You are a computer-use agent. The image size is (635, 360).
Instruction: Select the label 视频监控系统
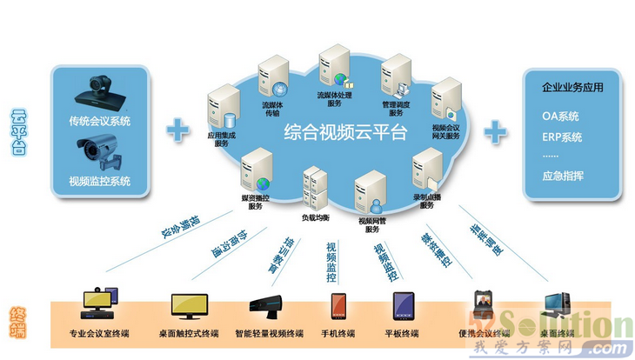click(100, 182)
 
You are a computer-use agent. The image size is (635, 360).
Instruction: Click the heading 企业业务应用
click(572, 88)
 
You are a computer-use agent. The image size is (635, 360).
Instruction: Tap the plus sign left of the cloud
click(178, 130)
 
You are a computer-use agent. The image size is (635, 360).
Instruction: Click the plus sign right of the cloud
click(496, 131)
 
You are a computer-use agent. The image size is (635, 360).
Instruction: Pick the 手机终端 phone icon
click(339, 307)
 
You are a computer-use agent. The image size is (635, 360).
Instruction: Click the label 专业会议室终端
click(99, 334)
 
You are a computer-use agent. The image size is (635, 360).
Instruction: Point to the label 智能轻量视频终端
click(269, 334)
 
